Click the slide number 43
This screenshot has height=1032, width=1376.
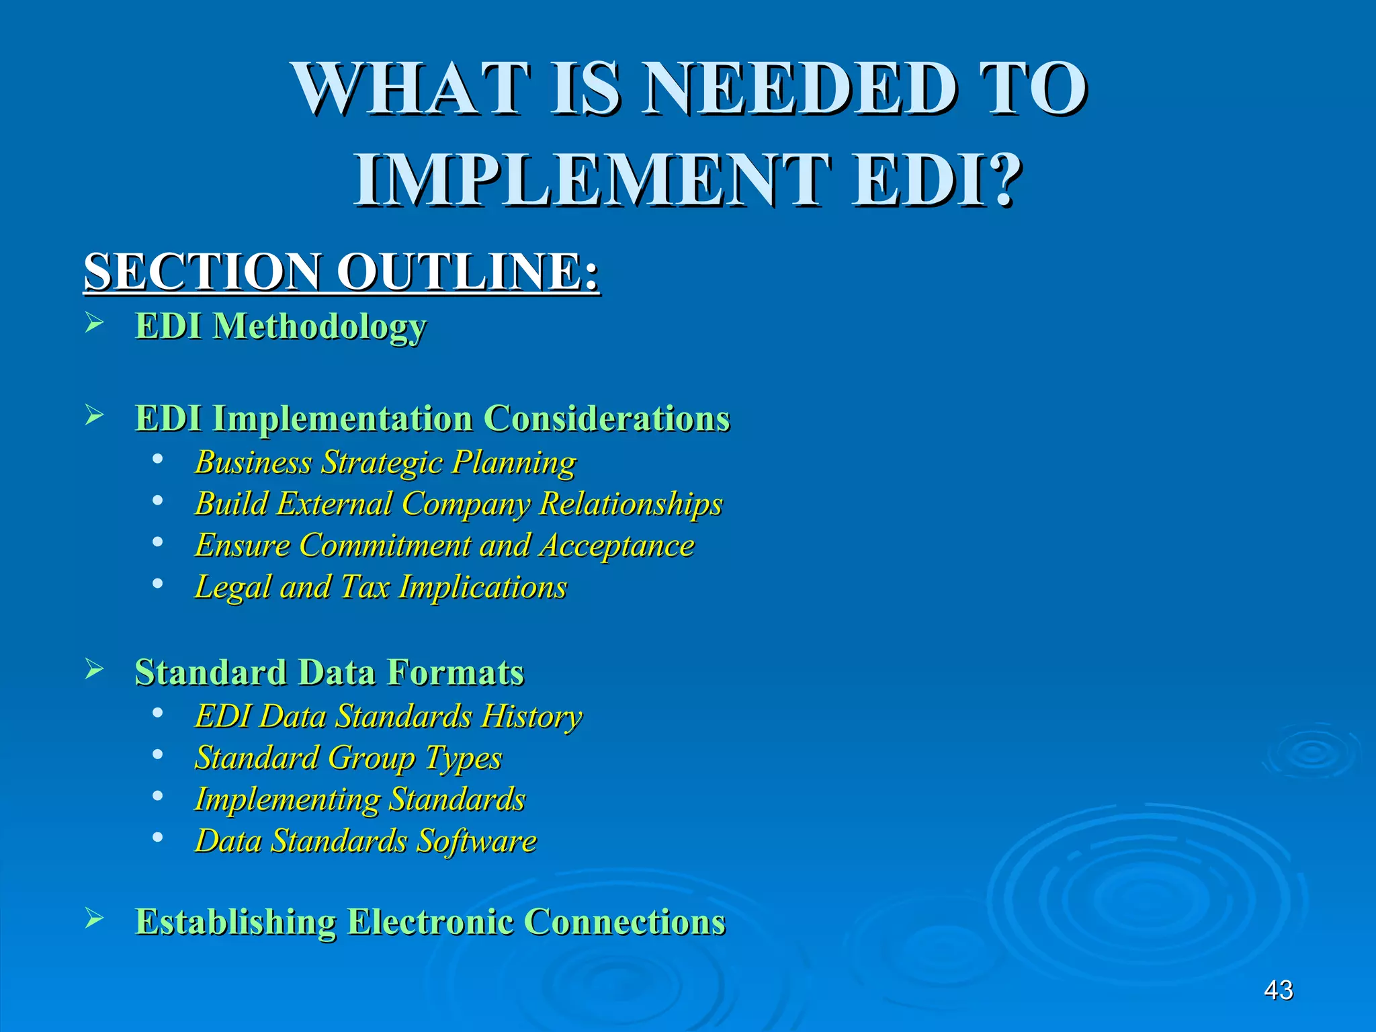coord(1278,990)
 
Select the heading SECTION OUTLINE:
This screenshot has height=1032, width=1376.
coord(341,271)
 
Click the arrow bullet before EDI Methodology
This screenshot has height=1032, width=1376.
coord(94,324)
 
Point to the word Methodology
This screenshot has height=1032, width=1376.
coord(320,327)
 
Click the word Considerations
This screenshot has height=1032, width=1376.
coord(607,419)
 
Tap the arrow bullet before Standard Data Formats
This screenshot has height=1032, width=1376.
coord(94,669)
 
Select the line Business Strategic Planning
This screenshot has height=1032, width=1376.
coord(385,462)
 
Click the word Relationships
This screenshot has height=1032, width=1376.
coord(631,504)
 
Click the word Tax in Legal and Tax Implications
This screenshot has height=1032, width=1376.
coord(365,587)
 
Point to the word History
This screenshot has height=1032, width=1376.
coord(531,716)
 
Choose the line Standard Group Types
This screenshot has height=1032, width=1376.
coord(348,758)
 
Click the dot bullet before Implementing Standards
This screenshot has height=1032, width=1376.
coord(157,796)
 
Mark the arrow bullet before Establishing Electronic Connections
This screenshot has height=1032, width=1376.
coord(94,918)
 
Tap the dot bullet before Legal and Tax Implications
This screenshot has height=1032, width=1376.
coord(157,584)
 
